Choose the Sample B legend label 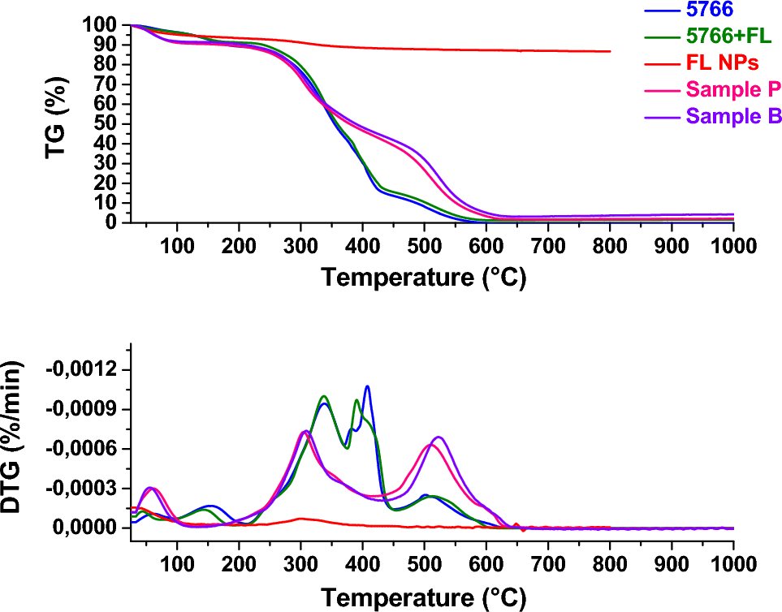pos(733,115)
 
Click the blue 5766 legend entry pos(709,11)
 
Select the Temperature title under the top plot pos(424,278)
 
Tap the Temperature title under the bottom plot pos(424,599)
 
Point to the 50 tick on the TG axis pos(107,124)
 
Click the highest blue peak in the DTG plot pos(367,386)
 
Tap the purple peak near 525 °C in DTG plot pos(439,437)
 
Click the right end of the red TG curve pos(609,51)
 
